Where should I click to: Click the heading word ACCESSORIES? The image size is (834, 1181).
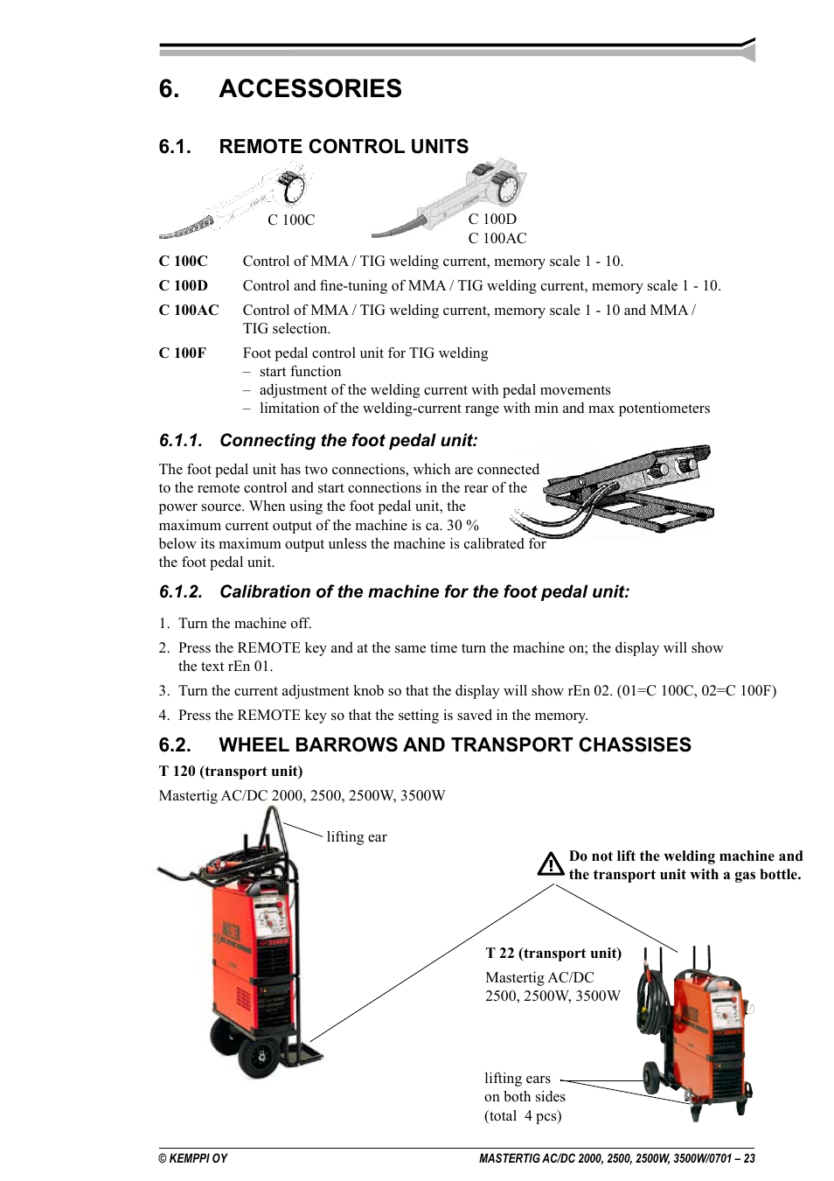(310, 89)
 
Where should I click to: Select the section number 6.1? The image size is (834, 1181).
(175, 147)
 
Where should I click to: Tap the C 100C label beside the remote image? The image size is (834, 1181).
(291, 220)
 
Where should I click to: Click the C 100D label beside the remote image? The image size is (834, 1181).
(492, 220)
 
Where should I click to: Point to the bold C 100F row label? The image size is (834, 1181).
(183, 353)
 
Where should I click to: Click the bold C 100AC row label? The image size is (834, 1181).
(189, 311)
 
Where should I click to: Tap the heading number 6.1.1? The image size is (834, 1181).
(181, 441)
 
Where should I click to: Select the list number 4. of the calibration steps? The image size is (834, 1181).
(164, 716)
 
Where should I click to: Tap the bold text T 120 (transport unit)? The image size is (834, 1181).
(231, 772)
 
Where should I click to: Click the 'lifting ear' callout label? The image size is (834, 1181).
(356, 837)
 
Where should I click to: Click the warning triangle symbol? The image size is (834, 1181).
(551, 864)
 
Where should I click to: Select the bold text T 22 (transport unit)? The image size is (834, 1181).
(553, 954)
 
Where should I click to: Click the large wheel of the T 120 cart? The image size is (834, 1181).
(261, 1056)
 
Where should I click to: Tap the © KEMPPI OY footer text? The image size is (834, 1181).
(193, 1158)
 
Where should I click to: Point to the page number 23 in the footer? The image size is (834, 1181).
(749, 1158)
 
